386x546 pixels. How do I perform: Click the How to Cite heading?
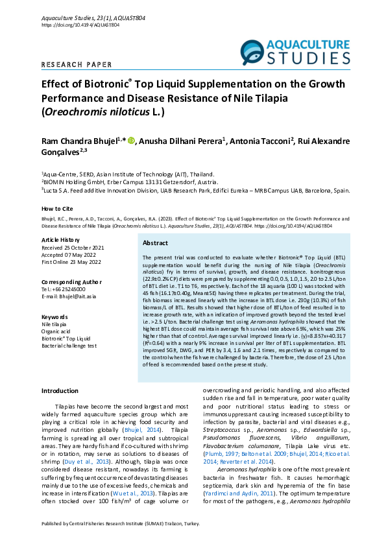coord(57,208)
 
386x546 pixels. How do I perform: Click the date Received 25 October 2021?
coord(73,247)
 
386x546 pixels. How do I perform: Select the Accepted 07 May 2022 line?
coord(68,254)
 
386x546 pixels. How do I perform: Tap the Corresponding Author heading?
coord(71,282)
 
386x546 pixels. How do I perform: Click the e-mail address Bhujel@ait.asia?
coord(69,296)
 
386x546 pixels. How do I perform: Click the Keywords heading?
coord(54,316)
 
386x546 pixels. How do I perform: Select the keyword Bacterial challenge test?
coord(69,346)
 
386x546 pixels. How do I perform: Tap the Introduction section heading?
coord(60,391)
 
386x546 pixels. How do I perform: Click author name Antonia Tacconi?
coord(260,141)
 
